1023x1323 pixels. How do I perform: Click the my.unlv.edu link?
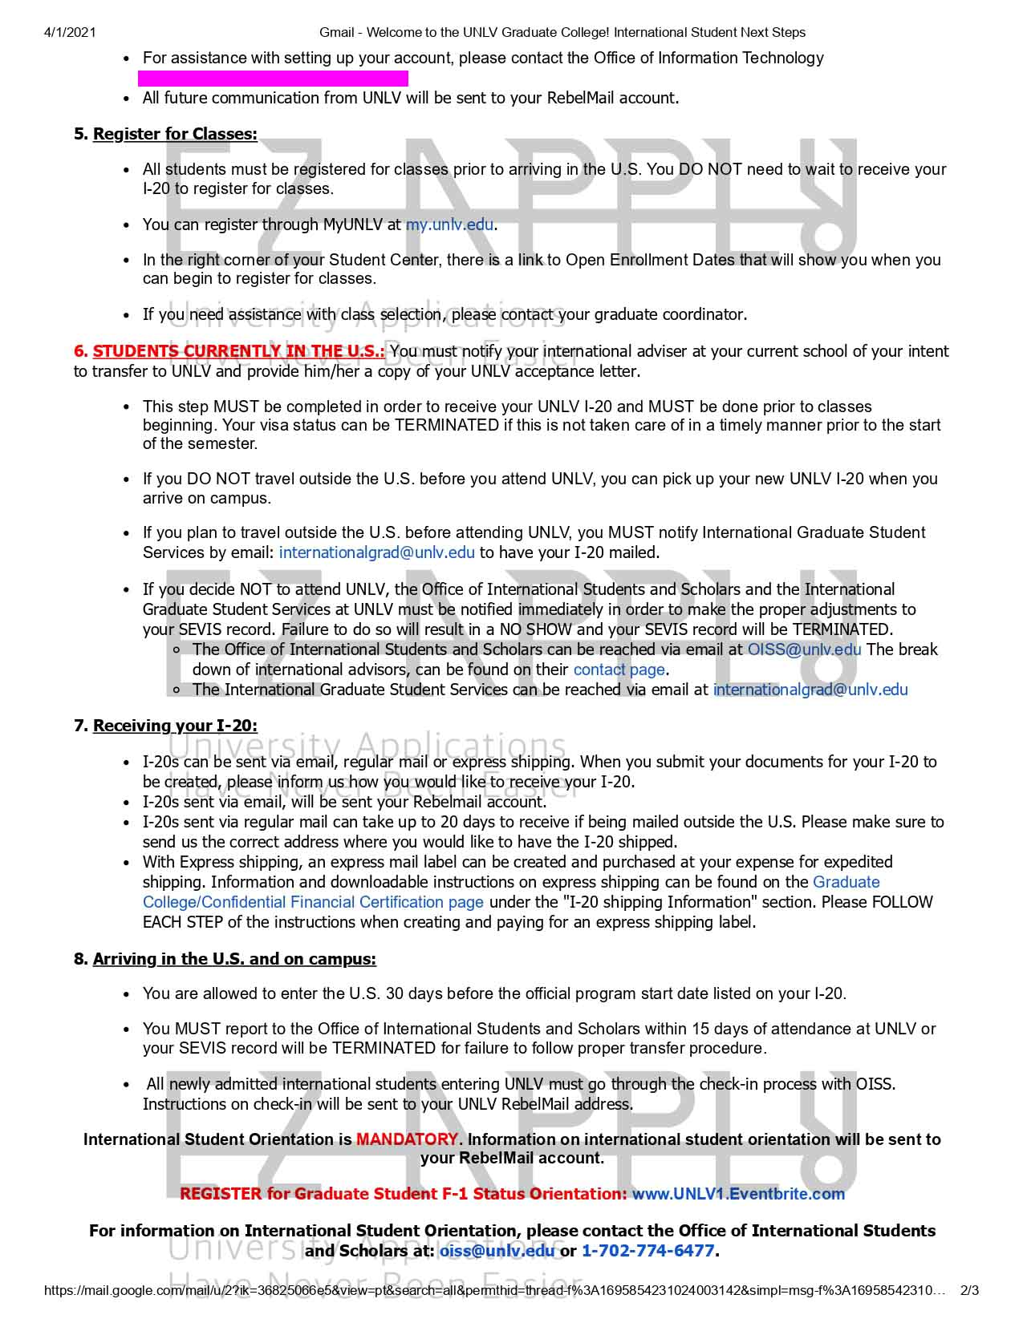pos(449,225)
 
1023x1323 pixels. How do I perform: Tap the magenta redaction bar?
pos(273,78)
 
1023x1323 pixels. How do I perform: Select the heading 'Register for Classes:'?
pos(175,134)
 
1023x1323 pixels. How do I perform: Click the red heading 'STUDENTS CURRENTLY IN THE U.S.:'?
pos(238,351)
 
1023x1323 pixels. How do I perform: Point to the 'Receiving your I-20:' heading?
pos(175,726)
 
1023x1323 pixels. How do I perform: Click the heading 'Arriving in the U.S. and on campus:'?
pos(234,959)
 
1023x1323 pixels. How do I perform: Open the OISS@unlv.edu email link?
pos(804,649)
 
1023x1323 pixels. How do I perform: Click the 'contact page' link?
pos(619,670)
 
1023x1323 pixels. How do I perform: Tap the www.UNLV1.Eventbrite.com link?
pos(738,1194)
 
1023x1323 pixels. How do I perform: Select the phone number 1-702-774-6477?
pos(647,1251)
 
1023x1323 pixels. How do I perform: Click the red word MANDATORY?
pos(408,1139)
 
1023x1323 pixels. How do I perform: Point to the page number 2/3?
pos(969,1291)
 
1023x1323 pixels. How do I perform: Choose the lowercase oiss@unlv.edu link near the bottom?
pos(497,1251)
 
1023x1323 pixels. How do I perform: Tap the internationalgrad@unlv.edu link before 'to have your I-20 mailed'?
pos(376,552)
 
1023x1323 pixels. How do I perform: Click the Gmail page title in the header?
pos(562,32)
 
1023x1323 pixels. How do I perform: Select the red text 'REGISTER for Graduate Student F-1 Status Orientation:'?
pos(404,1194)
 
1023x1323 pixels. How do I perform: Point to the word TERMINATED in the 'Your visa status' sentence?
pos(447,425)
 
